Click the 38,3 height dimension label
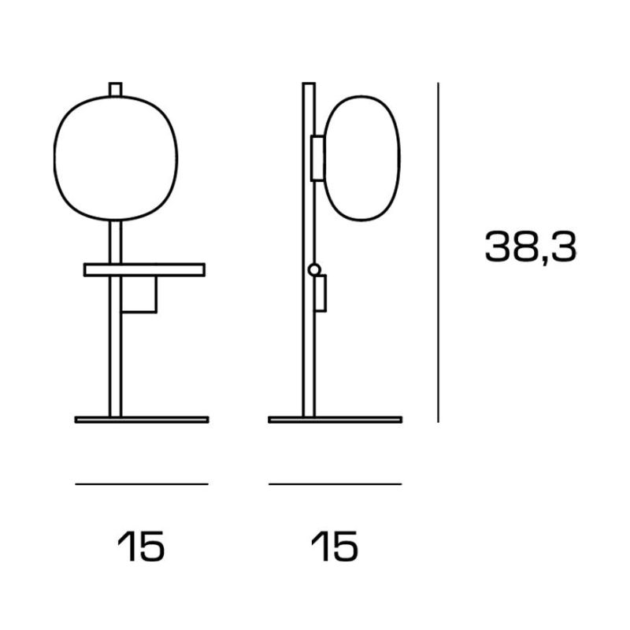[x=530, y=247]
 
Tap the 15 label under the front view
[x=141, y=546]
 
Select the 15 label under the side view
[x=334, y=546]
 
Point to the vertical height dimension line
[x=438, y=252]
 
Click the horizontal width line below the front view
[x=142, y=484]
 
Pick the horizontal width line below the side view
[x=335, y=484]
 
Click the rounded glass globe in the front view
[x=54, y=158]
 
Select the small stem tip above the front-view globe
[x=115, y=89]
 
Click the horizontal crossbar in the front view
[x=145, y=269]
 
